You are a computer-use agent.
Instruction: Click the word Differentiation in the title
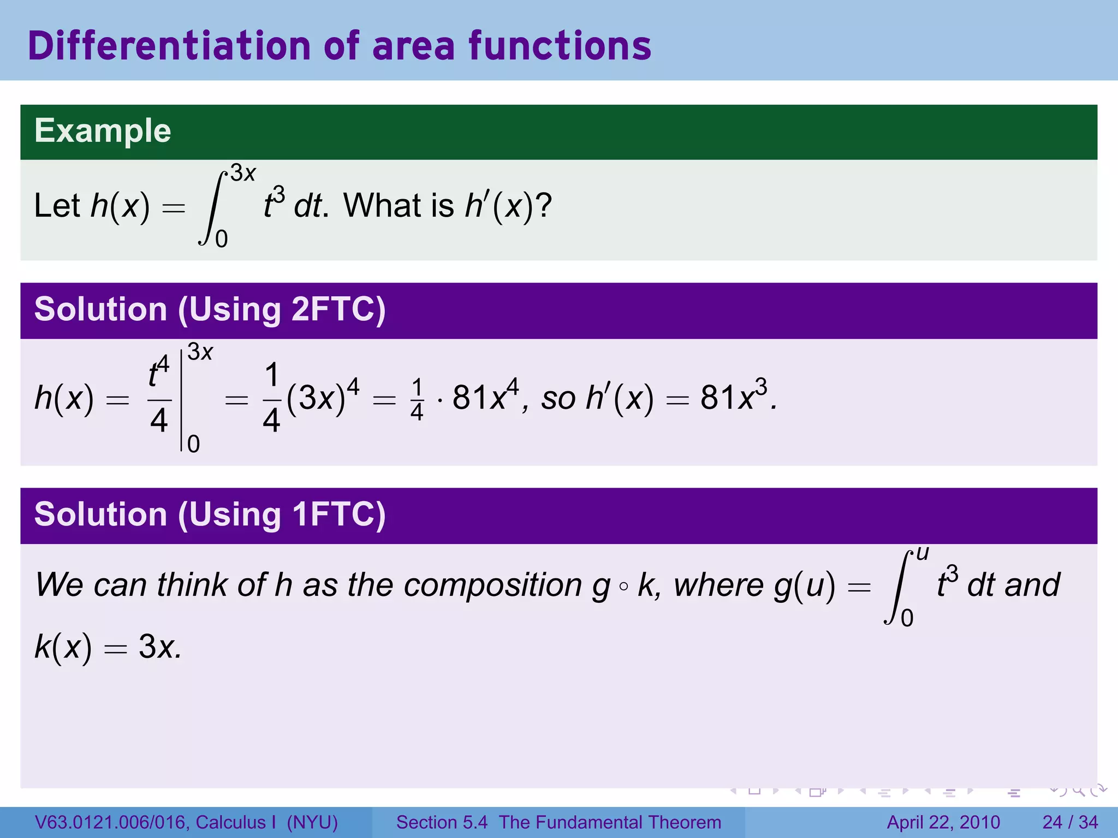(x=169, y=46)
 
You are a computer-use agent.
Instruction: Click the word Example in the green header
(x=103, y=131)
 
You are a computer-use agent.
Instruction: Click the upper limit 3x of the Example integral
(x=243, y=173)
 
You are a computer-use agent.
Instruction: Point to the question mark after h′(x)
(x=544, y=206)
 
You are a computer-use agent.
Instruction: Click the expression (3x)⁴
(x=322, y=396)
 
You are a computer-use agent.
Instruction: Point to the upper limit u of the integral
(x=922, y=553)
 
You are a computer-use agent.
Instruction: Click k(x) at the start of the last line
(x=63, y=647)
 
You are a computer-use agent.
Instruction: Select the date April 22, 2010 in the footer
(x=943, y=822)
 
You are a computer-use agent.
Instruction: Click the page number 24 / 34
(x=1070, y=822)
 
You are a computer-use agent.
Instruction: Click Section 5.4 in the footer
(x=442, y=822)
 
